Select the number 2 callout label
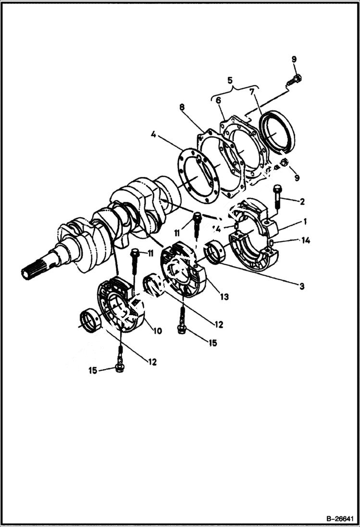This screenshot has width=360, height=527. (x=301, y=201)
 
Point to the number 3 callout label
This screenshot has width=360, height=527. (x=301, y=286)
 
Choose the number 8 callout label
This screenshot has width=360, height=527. (x=182, y=107)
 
